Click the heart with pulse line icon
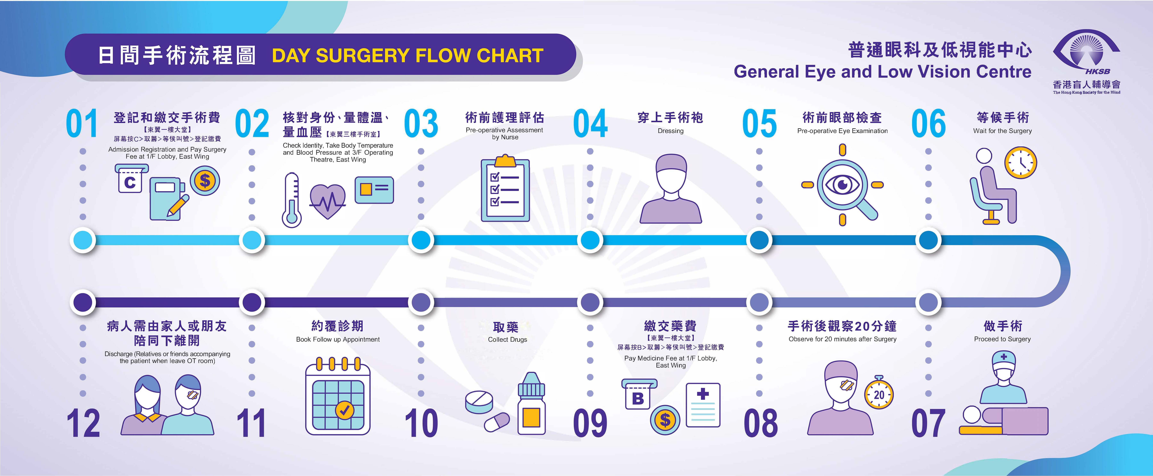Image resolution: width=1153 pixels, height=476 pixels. click(328, 201)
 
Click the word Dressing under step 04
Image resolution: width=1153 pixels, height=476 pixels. click(671, 131)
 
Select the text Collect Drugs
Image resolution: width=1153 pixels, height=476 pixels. click(507, 340)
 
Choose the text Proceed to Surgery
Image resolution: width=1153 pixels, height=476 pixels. click(1002, 339)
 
